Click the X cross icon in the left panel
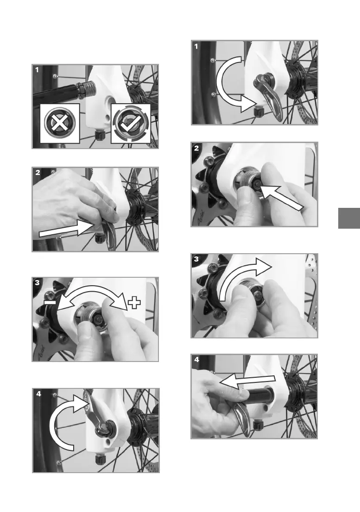60,124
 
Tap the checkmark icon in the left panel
130,124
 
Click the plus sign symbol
134,303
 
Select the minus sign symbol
51,303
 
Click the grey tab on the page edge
349,218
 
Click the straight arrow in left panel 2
65,228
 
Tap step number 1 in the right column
196,46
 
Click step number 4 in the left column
38,394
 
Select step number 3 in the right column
196,259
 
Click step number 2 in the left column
38,172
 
